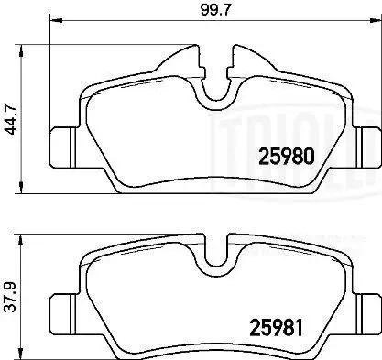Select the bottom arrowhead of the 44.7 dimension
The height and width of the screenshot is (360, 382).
22,189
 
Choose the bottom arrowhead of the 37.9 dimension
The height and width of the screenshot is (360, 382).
22,356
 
